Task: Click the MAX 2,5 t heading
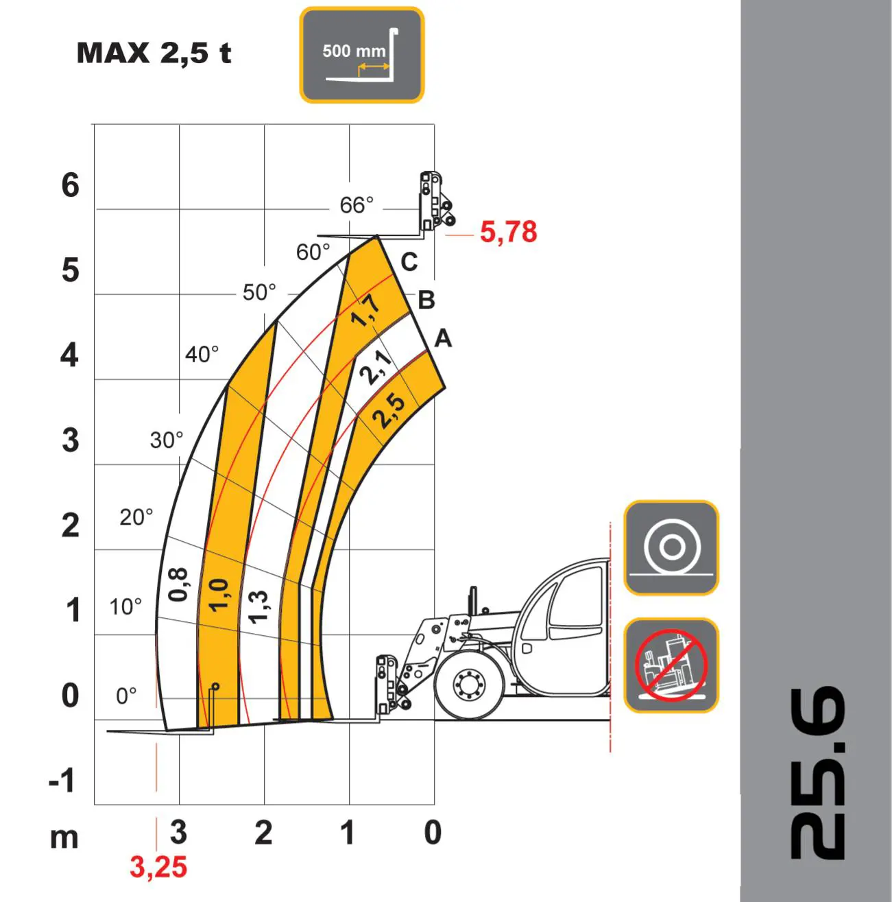pos(154,53)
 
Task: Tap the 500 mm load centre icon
pos(361,56)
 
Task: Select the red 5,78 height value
pos(508,232)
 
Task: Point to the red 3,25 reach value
pos(158,867)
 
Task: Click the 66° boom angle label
pos(357,204)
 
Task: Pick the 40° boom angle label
pos(202,354)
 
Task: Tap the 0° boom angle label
pos(126,696)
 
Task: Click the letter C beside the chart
pos(409,262)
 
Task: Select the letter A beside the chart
pos(443,338)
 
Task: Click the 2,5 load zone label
pos(388,411)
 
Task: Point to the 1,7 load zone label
pos(366,310)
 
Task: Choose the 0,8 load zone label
pos(178,584)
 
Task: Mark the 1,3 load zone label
pos(258,606)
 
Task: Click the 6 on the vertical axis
pos(70,185)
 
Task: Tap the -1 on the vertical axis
pos(62,781)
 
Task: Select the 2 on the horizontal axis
pos(263,833)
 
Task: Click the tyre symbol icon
pos(671,547)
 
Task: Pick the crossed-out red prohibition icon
pos(671,665)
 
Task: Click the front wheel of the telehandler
pos(469,684)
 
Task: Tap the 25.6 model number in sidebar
pos(817,773)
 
